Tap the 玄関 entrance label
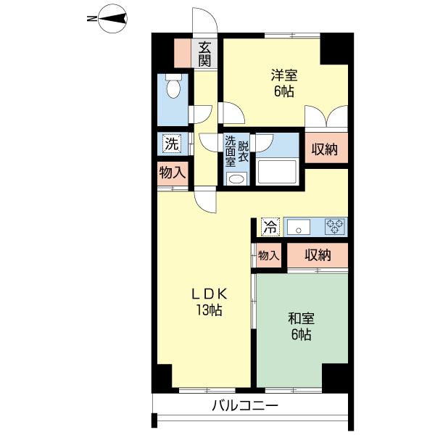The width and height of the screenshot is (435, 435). pos(204,54)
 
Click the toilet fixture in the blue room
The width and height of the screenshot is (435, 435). pos(173,86)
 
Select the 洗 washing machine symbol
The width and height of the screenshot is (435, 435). pos(172,144)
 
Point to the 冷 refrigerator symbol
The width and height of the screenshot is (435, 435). pos(270,227)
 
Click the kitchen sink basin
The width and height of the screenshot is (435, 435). pos(299,227)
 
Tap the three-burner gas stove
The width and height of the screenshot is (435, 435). pos(336,226)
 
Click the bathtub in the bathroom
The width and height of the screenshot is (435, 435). pos(277,172)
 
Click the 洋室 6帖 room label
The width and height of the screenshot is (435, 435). pos(283,83)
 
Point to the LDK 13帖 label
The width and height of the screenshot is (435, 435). pos(210,302)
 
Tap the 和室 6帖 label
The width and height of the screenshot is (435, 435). pos(301,326)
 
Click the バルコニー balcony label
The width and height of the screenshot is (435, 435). pos(245,406)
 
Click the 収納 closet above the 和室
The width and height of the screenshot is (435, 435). pos(318,255)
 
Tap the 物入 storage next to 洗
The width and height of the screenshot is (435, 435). pos(173,173)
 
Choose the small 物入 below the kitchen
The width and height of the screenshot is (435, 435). pos(268,255)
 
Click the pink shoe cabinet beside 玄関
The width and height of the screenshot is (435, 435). pos(183,53)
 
